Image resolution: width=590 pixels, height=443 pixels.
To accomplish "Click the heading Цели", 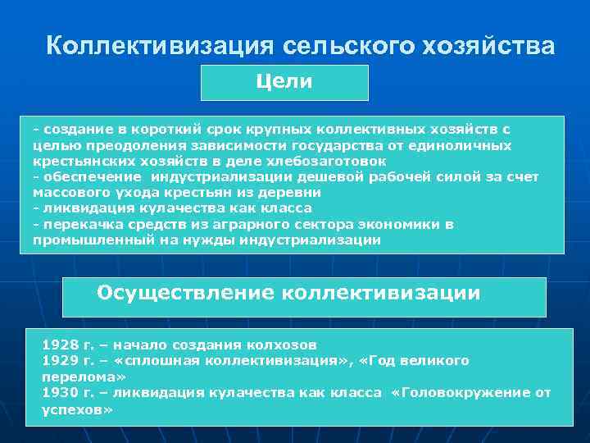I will point(284,82).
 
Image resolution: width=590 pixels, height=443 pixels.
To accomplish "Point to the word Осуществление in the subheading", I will point(185,293).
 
